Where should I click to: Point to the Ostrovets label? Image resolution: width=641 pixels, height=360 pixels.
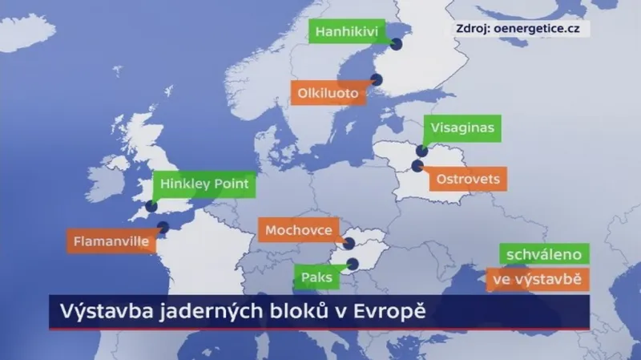pos(468,179)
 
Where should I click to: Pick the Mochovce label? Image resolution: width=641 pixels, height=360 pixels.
pos(298,230)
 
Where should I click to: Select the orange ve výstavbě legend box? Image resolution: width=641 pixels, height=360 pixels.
pos(538,280)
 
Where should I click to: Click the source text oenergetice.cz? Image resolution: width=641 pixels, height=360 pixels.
pos(541,29)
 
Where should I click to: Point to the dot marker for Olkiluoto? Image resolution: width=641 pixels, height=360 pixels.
pos(375,79)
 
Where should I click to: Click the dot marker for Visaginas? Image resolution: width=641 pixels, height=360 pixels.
pos(421,150)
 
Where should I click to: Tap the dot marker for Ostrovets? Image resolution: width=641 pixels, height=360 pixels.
pos(417,166)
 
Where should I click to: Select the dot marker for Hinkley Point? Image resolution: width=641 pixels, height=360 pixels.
pos(151,206)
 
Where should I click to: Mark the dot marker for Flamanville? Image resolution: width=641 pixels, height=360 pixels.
pos(163,227)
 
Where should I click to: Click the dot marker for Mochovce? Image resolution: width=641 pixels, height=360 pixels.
pos(349,242)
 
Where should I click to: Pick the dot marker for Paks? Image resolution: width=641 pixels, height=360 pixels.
pos(353,262)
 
